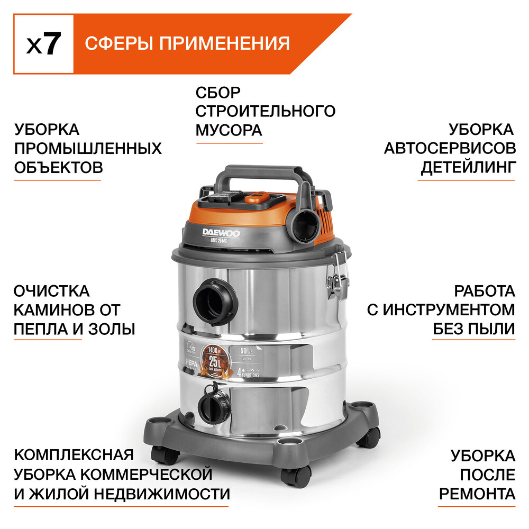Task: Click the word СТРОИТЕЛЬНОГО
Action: tap(265, 111)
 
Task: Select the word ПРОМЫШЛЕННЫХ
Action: tap(87, 148)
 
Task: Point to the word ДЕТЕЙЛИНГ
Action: tap(468, 168)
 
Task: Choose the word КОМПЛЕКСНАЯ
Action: tap(74, 455)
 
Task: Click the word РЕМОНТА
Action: tap(477, 494)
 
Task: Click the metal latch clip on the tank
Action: tap(336, 278)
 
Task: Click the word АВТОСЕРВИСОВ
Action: tap(450, 148)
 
